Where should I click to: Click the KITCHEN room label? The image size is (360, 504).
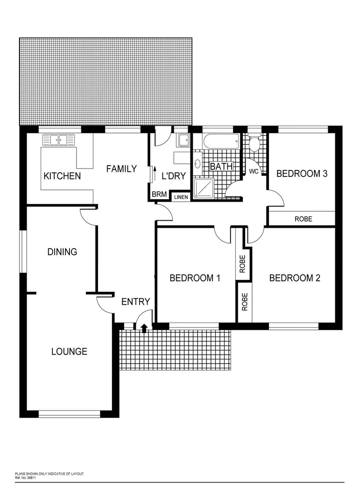click(x=62, y=176)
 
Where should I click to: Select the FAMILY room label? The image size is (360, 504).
click(x=121, y=168)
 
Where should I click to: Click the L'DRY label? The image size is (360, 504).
click(x=173, y=176)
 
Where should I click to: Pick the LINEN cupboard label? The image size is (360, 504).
click(x=181, y=197)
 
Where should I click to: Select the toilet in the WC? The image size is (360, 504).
click(x=254, y=144)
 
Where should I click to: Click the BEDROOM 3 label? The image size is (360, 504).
click(x=302, y=174)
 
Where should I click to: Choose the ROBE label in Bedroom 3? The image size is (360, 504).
click(x=303, y=219)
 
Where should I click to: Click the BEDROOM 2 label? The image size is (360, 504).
click(x=295, y=278)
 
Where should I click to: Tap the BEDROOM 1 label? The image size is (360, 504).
click(x=195, y=278)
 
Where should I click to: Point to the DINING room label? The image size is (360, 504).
click(x=62, y=252)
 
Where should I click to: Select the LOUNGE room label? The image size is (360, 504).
click(x=69, y=351)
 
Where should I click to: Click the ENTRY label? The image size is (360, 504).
click(x=135, y=301)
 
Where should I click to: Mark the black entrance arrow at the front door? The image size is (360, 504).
click(x=144, y=328)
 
